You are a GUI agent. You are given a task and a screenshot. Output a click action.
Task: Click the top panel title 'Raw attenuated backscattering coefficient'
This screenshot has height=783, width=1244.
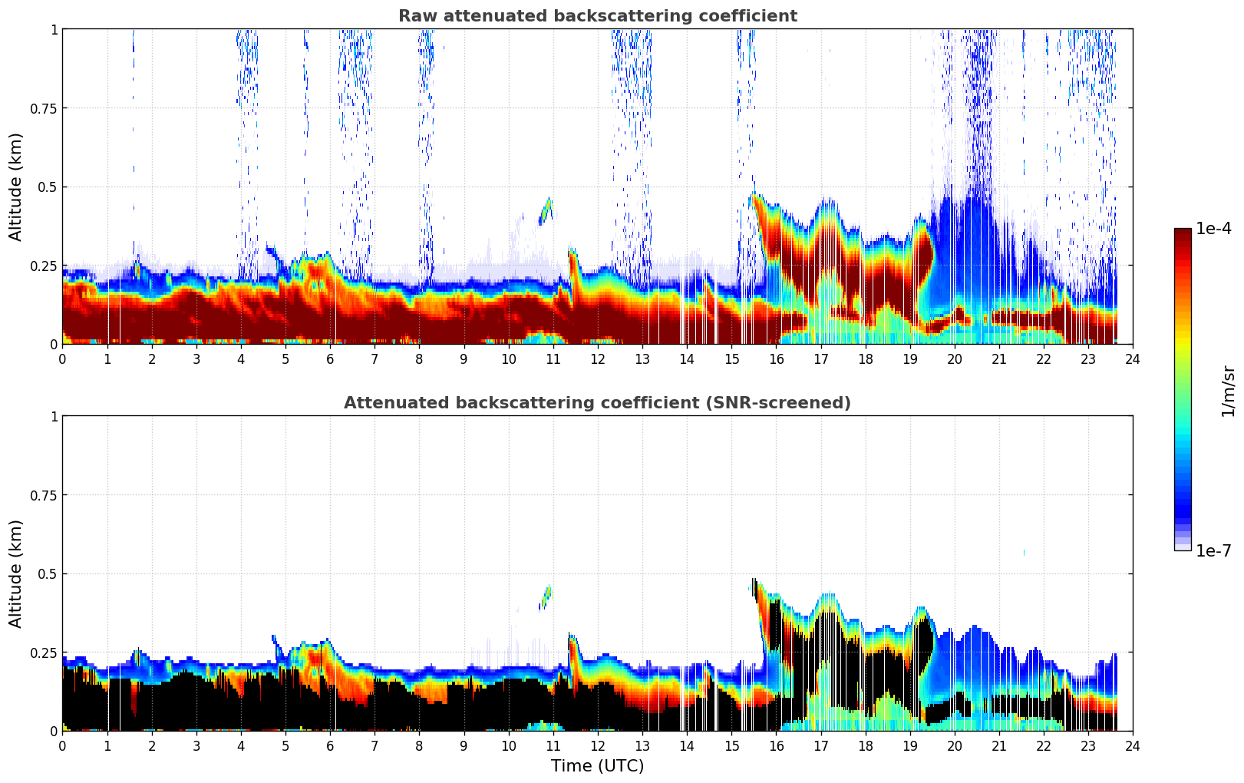point(597,16)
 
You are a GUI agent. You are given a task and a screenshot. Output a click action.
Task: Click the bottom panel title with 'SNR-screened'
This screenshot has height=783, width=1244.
point(597,403)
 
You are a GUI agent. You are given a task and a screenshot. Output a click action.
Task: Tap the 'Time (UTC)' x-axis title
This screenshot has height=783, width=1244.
point(597,766)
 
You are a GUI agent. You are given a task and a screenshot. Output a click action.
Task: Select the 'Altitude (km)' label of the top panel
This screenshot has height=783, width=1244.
point(16,187)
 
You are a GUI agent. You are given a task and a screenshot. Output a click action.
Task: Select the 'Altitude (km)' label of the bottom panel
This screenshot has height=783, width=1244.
point(16,573)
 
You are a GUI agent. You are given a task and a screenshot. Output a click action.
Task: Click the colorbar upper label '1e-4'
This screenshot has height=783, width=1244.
point(1213,229)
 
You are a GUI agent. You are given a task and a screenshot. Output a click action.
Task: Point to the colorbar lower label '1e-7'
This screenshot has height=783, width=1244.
point(1213,550)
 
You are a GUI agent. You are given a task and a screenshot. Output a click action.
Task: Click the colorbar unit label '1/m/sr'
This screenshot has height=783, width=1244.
point(1227,391)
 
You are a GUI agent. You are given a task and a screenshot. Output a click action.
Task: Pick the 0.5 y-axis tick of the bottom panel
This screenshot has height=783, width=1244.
point(47,574)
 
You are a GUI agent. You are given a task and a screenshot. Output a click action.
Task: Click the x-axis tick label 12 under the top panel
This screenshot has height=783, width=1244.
point(597,358)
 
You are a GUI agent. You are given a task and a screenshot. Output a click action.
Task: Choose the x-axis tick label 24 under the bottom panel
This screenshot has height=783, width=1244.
point(1133,745)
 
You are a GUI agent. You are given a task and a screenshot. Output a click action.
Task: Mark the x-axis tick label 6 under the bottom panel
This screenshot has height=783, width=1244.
point(330,745)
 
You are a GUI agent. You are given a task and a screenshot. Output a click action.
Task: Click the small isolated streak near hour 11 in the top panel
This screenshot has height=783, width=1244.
point(546,210)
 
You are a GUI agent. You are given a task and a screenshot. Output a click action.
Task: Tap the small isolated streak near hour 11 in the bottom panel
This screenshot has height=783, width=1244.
point(546,596)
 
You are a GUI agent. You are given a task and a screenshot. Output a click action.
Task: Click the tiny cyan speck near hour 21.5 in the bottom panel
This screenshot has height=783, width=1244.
point(1024,552)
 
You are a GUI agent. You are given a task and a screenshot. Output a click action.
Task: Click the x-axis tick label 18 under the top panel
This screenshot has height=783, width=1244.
point(865,358)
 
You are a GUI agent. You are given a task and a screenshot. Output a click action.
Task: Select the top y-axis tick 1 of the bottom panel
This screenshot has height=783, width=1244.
point(54,417)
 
